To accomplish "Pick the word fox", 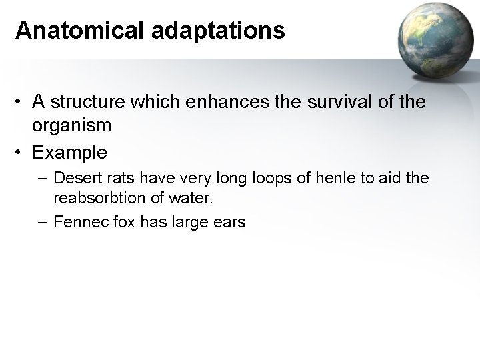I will (122, 222).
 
